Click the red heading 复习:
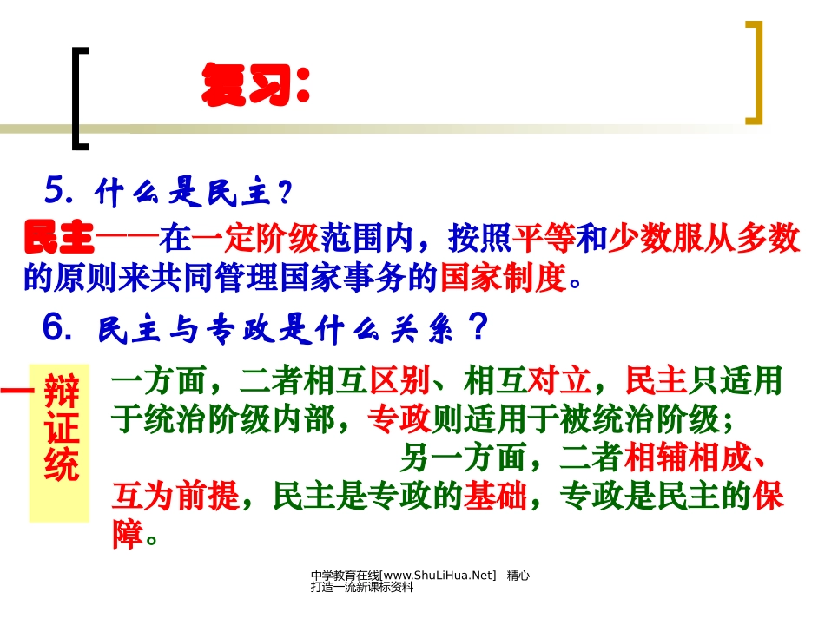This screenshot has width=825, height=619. coord(255,85)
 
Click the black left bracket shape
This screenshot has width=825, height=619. coord(81,96)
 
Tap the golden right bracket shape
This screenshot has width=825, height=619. coord(754,72)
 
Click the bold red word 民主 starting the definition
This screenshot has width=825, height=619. coord(59,238)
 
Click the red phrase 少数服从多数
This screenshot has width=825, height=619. coord(703,238)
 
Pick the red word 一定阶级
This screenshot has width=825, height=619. coord(255,238)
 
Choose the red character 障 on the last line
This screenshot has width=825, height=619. coord(128,535)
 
